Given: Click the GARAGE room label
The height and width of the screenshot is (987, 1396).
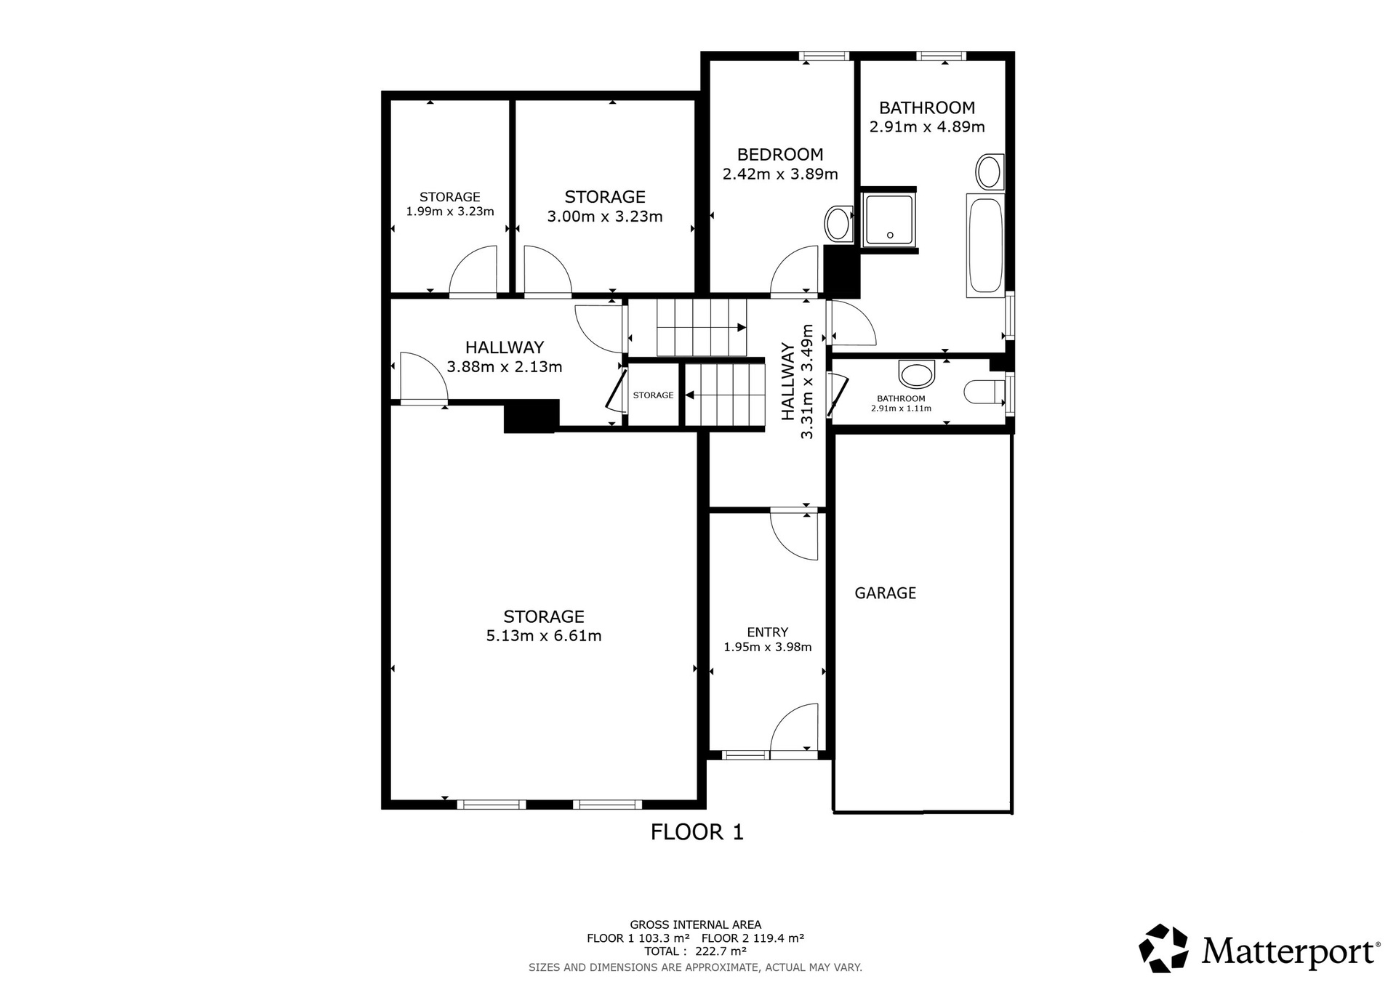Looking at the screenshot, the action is coord(885,593).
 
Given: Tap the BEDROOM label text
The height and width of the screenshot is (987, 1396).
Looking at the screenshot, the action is coord(780,154).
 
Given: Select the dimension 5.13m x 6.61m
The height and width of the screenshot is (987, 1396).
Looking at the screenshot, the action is coord(544,636).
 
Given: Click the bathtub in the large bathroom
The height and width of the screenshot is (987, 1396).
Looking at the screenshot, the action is coord(985,246).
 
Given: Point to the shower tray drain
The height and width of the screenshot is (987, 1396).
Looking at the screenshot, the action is coord(890,235).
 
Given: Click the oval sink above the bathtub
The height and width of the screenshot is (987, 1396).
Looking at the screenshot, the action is coord(989,172).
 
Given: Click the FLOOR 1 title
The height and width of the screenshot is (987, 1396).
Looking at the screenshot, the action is coord(697,832).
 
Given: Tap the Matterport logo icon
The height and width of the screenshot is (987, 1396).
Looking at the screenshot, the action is coord(1163,948).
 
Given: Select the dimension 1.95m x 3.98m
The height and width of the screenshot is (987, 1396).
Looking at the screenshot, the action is coord(768,647).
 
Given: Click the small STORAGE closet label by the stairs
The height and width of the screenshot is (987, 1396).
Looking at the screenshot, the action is coord(653,395).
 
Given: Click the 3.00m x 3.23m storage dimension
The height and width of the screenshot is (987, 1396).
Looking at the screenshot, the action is coord(605,217).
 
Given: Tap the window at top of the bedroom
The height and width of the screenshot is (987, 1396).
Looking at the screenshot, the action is coord(824,55).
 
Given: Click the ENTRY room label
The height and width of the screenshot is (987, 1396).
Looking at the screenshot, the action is coord(768,632).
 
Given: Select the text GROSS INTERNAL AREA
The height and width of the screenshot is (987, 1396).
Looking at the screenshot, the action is coord(696,925).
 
